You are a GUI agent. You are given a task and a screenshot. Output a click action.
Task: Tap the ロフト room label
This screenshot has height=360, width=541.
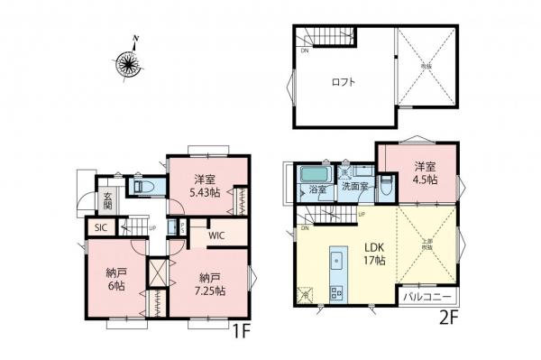click(343, 82)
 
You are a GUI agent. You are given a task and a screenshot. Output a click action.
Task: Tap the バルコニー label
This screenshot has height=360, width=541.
click(429, 295)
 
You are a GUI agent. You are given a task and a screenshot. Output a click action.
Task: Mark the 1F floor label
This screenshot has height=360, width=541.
click(240, 331)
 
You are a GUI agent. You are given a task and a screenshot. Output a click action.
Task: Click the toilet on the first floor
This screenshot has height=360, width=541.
click(144, 187)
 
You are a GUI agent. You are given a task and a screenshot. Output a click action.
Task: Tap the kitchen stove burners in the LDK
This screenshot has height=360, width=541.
click(338, 291)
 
